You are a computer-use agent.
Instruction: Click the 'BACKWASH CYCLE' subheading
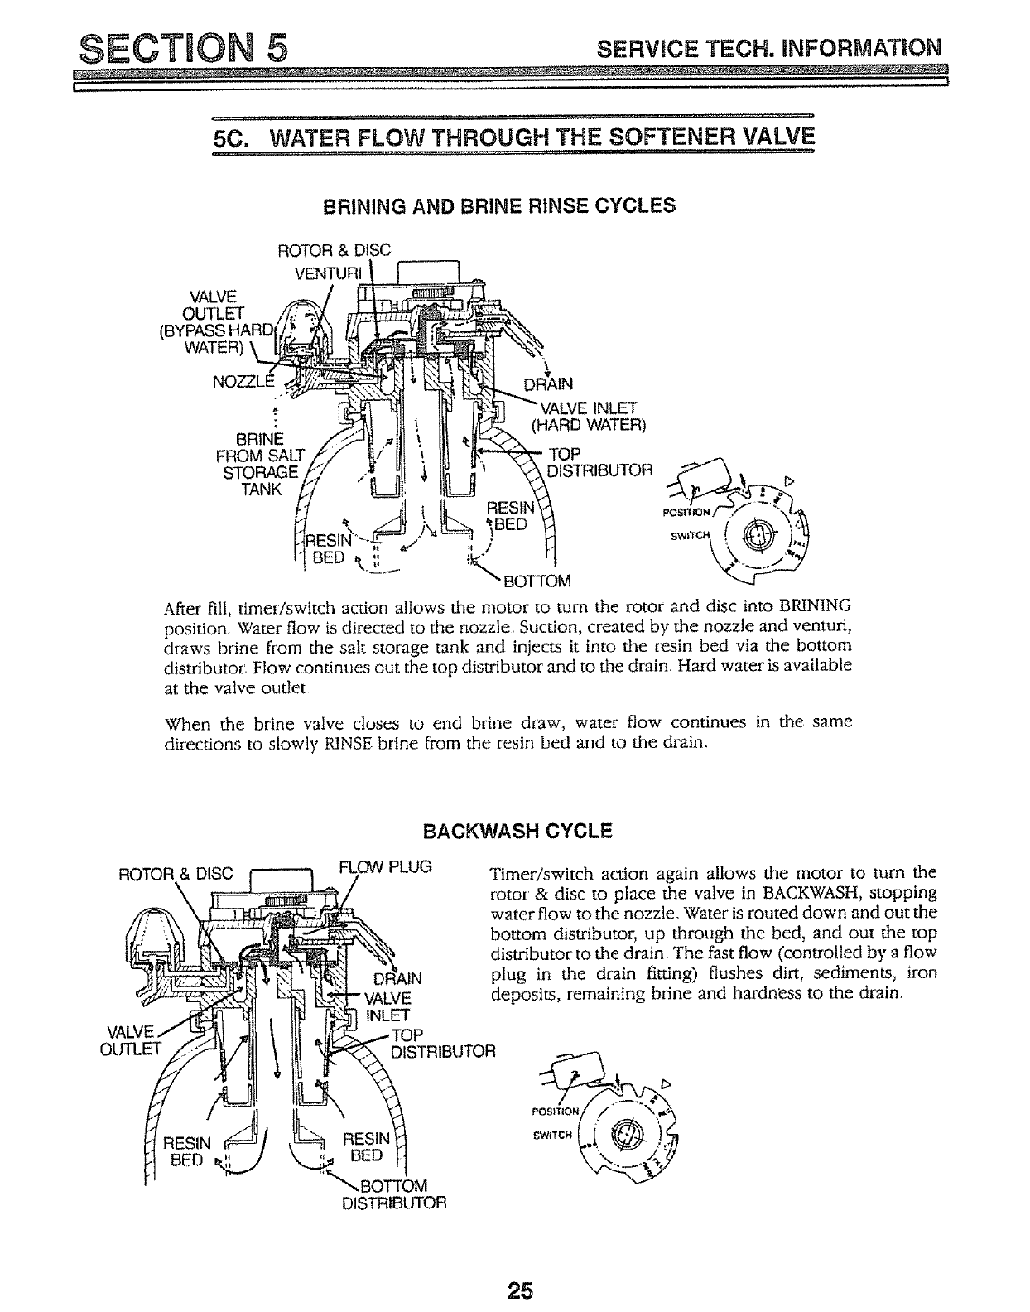tap(517, 831)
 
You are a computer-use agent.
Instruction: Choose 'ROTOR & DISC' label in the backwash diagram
tap(180, 871)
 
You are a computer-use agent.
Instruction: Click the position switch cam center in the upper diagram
tap(757, 535)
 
